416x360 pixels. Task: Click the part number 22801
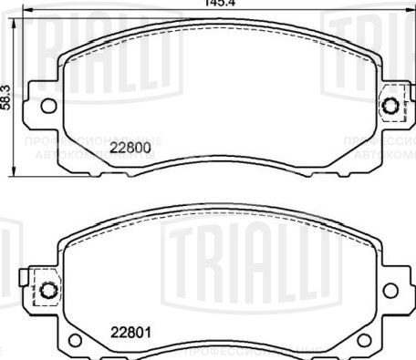pyautogui.click(x=130, y=331)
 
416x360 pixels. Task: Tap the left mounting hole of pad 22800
pyautogui.click(x=48, y=106)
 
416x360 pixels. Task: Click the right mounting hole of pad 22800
pyautogui.click(x=393, y=106)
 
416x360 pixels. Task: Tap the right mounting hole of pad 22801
pyautogui.click(x=390, y=290)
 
